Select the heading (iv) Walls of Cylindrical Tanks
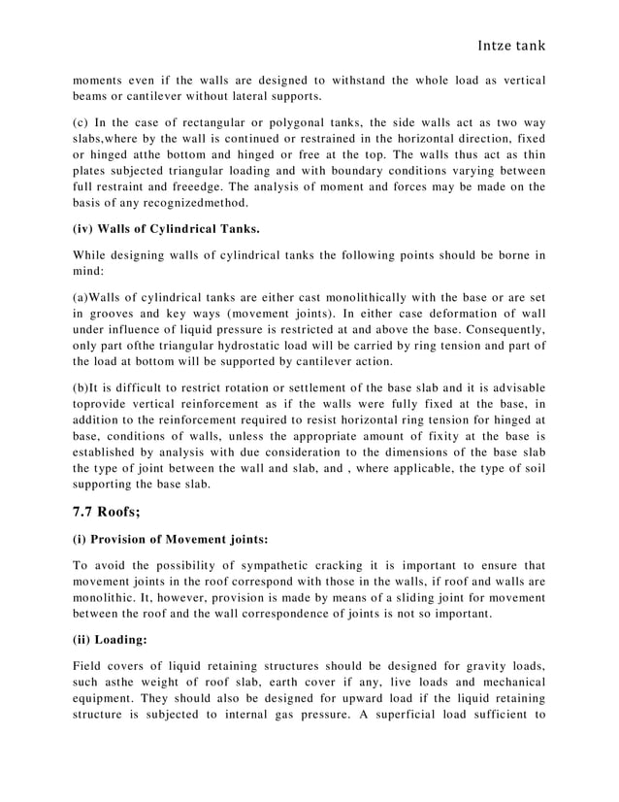pos(166,229)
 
